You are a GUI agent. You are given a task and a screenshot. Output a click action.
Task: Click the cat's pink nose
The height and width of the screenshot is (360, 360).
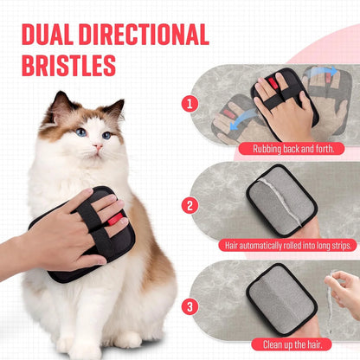click(97, 146)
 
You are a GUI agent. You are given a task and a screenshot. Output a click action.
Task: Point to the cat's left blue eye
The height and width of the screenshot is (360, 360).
click(80, 132)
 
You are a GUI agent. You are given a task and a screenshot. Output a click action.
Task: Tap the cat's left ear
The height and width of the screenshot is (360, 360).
click(61, 106)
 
